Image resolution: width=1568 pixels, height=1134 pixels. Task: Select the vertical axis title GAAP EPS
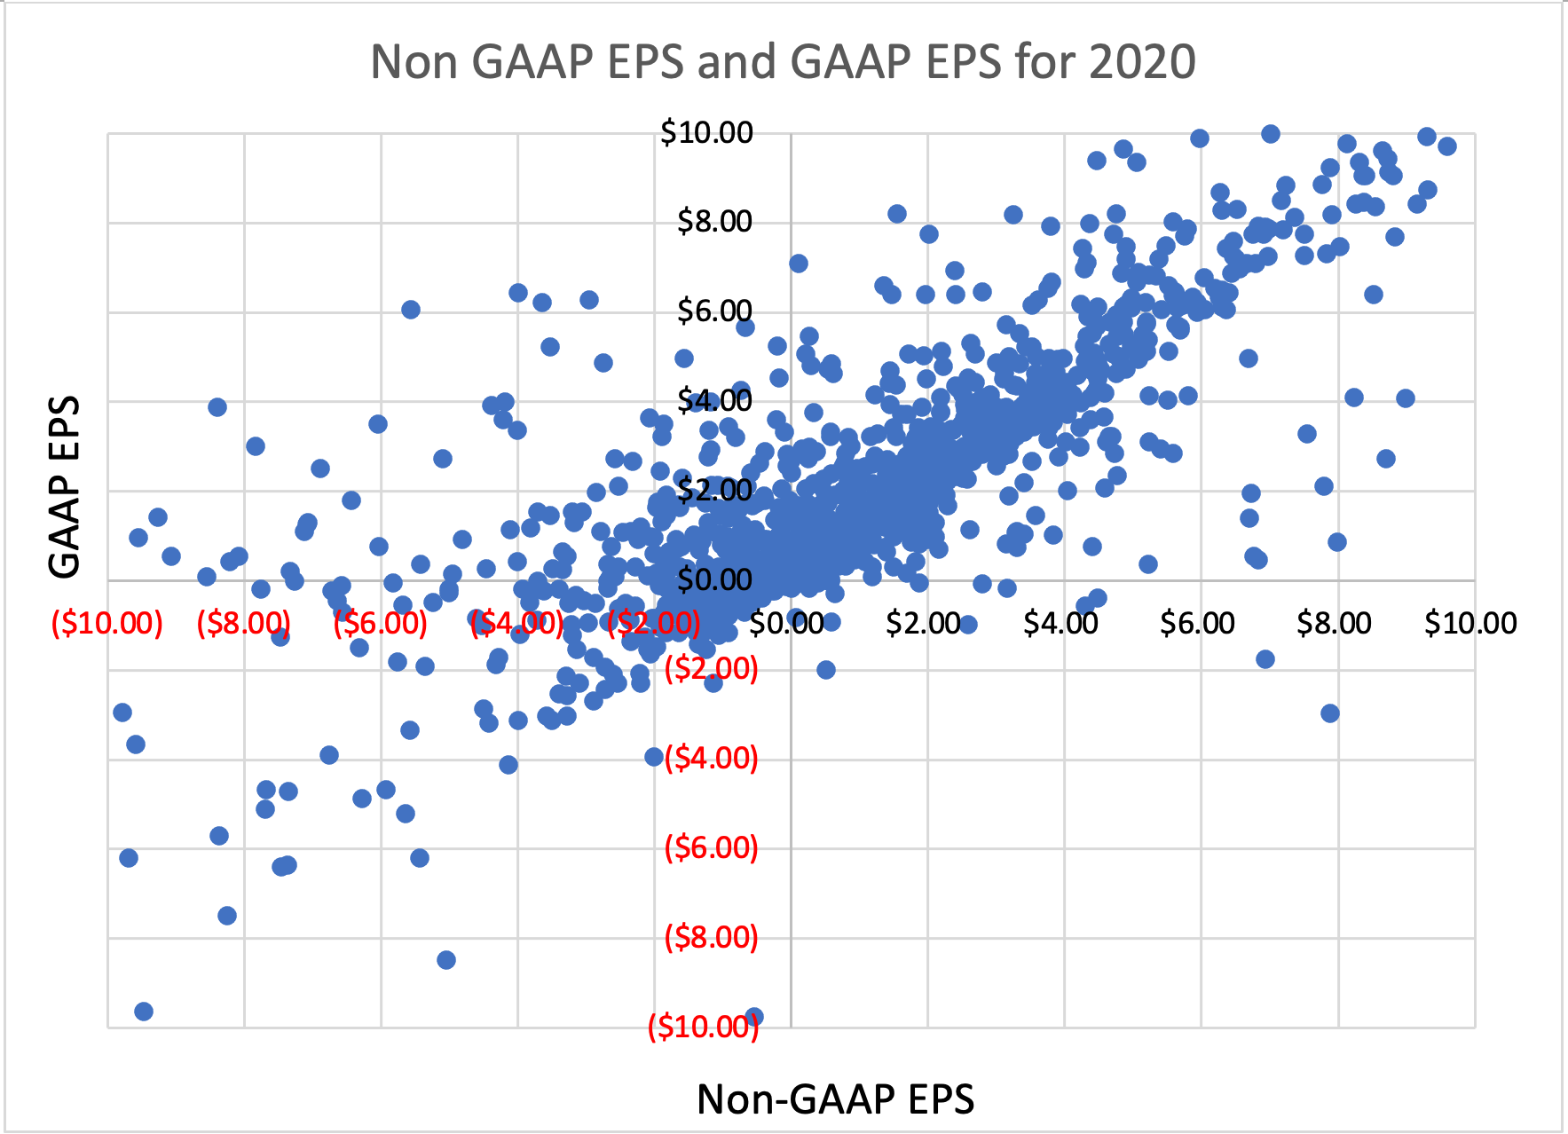coord(64,486)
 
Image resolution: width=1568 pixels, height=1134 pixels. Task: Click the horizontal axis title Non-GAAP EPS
coord(835,1099)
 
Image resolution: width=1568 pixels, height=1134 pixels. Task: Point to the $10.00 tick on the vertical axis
coord(706,133)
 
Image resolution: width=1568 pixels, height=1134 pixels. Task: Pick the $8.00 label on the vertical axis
coord(714,222)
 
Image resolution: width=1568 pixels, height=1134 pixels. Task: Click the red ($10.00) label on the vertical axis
coord(703,1028)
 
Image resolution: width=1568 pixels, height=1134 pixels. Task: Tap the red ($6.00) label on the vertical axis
coord(711,848)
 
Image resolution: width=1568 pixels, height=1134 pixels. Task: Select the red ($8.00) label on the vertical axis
coord(711,937)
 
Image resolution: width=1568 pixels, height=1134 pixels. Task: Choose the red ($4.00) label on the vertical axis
coord(711,759)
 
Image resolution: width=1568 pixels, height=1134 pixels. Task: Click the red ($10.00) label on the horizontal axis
coord(107,623)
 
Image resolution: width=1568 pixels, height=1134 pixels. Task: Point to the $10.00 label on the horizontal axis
coord(1470,623)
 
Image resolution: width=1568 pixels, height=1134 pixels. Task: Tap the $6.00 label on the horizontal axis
coord(1197,623)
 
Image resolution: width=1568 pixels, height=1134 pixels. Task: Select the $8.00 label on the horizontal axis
coord(1334,623)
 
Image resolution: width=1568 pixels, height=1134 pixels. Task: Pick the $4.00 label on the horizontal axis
coord(1060,623)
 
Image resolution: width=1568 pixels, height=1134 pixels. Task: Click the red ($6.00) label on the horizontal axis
coord(380,623)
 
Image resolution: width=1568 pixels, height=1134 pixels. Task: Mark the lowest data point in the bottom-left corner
coord(144,1012)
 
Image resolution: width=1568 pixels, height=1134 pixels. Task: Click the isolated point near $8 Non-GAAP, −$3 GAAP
coord(1329,713)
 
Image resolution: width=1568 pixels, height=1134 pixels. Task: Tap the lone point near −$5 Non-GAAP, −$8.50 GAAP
coord(446,960)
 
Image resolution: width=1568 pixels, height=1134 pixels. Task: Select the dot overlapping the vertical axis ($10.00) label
coord(754,1017)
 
